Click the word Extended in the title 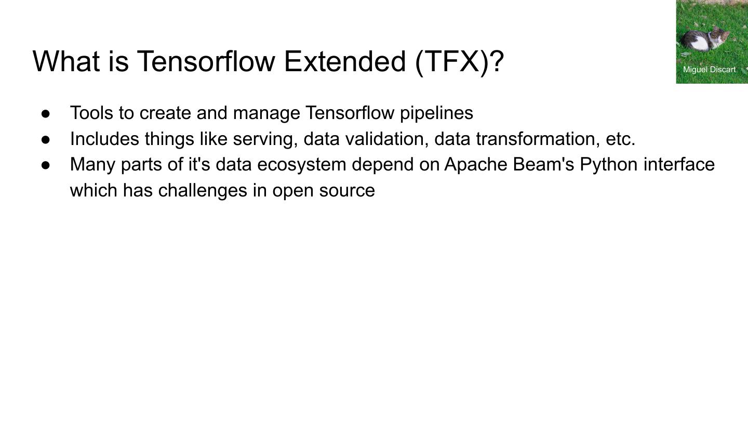coord(345,61)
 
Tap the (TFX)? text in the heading coord(460,62)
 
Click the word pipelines coord(436,113)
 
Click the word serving coord(265,139)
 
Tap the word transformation coord(536,139)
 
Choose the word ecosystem coord(302,165)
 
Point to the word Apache coord(476,165)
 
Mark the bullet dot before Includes coord(46,139)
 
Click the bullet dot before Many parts coord(46,165)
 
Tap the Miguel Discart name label coord(709,70)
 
